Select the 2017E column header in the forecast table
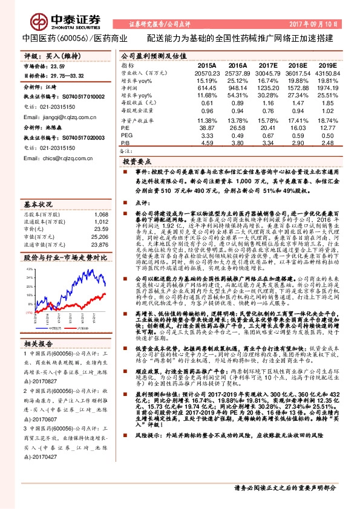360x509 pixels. [x=267, y=64]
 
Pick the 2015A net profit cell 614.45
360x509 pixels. [x=207, y=88]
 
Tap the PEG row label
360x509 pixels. [x=127, y=137]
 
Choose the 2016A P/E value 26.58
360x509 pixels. [x=238, y=129]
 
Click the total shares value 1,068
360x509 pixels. [x=101, y=215]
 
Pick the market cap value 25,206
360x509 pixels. [x=100, y=237]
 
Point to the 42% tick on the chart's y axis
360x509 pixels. [x=28, y=268]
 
